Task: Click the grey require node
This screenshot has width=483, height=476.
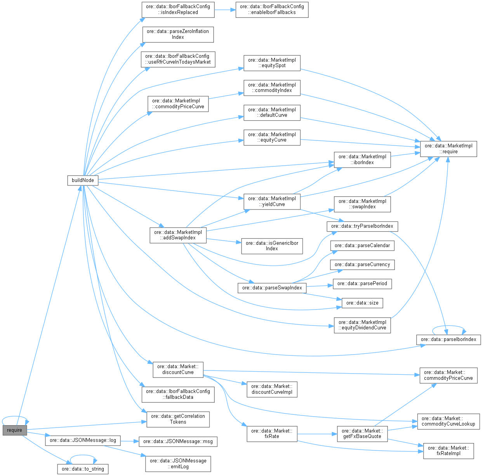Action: [14, 430]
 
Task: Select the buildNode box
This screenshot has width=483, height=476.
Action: [83, 180]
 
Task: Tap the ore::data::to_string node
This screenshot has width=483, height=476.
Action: [83, 469]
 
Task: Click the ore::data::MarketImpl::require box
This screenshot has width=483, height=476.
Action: [448, 149]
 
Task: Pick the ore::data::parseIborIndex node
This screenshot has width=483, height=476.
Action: [448, 339]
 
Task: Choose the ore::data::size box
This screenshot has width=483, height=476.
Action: [362, 303]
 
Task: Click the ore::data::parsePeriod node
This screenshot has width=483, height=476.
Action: [362, 284]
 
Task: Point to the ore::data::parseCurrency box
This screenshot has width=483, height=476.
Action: [362, 265]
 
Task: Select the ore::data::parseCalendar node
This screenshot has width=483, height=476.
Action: [362, 246]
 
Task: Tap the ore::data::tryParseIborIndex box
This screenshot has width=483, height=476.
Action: [362, 226]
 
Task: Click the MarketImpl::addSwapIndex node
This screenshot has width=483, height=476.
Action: [178, 235]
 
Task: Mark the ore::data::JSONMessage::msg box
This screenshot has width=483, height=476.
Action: [178, 441]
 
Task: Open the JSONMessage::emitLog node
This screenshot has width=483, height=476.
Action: [178, 464]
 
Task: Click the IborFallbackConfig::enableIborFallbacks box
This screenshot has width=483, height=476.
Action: [272, 10]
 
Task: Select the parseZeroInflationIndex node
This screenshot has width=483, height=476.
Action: [178, 34]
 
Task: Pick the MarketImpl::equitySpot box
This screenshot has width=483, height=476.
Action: [272, 63]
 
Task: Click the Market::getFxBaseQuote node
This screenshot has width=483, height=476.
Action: [362, 434]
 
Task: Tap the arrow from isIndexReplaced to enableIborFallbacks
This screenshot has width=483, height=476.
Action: [225, 10]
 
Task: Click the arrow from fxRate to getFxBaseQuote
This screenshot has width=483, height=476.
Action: [317, 434]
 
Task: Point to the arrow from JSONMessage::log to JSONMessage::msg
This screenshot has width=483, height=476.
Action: [130, 441]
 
